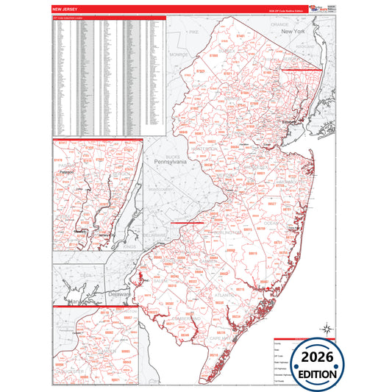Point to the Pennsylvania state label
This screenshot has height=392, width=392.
pyautogui.click(x=170, y=161)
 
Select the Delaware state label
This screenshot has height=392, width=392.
pyautogui.click(x=119, y=293)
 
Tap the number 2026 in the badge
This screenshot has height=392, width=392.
pyautogui.click(x=318, y=358)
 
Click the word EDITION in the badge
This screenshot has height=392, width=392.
pyautogui.click(x=318, y=374)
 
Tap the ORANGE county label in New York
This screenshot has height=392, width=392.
pyautogui.click(x=279, y=24)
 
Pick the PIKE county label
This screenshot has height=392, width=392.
pyautogui.click(x=194, y=32)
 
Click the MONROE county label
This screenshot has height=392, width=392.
pyautogui.click(x=179, y=54)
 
